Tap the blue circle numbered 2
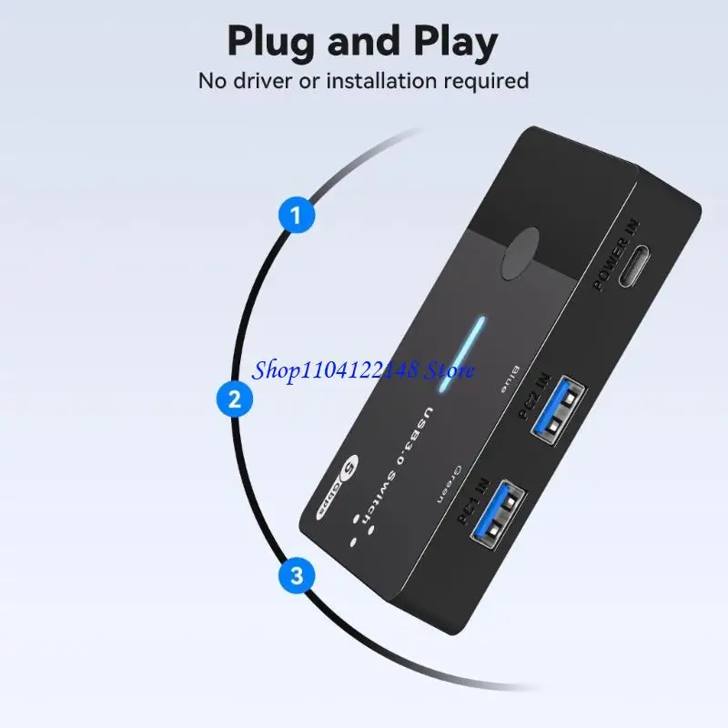pyautogui.click(x=235, y=399)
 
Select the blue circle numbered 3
pyautogui.click(x=295, y=575)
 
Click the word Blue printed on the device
pyautogui.click(x=504, y=377)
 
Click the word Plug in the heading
pyautogui.click(x=277, y=41)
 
